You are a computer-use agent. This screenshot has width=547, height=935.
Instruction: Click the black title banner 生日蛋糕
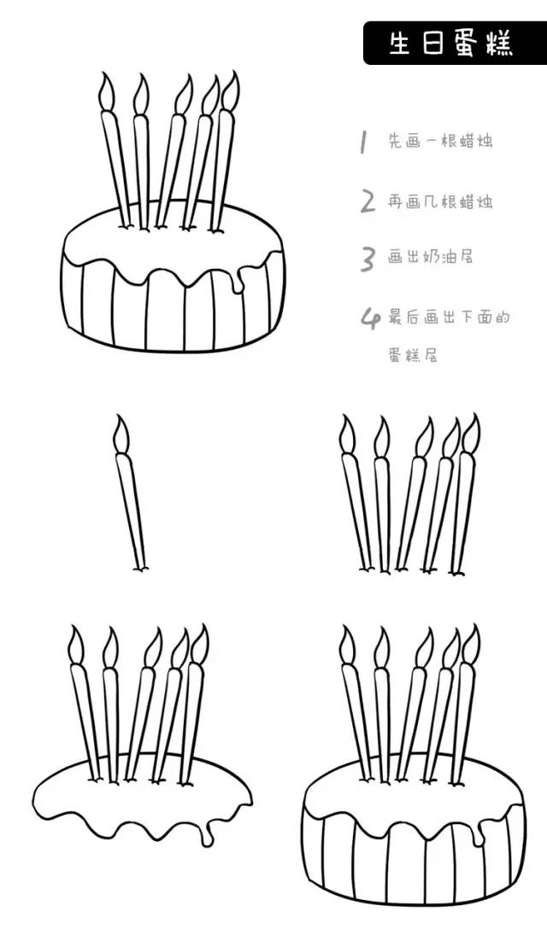coord(454,43)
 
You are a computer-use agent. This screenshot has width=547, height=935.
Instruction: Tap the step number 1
coord(363,142)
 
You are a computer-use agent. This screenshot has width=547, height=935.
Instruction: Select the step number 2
coord(368,202)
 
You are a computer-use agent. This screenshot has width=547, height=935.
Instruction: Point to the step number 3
coord(368,258)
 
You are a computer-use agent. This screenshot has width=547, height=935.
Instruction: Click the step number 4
coord(369,318)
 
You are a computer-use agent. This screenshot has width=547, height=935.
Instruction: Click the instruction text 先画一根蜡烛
coord(440,142)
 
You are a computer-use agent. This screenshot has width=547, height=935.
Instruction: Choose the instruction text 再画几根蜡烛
coord(440,202)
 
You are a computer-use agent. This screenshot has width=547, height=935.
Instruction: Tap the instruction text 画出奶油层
coord(431,257)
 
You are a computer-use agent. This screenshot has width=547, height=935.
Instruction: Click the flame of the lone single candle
coord(121,434)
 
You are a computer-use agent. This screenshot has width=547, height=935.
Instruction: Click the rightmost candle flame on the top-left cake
coord(229,90)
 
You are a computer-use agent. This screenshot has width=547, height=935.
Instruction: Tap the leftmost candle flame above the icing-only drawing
coord(77,646)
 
